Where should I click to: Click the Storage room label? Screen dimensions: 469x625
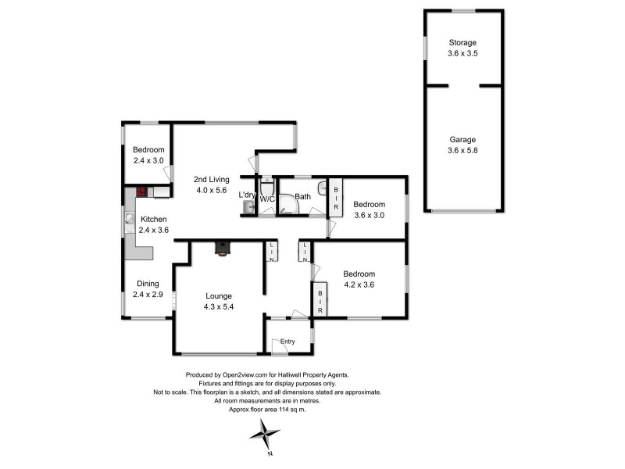[462, 42]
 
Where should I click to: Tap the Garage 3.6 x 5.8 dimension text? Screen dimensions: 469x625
[462, 151]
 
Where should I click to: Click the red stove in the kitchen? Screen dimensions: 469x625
[142, 190]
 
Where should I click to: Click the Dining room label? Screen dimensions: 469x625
[148, 284]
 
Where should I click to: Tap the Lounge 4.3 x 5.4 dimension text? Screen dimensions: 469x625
[220, 306]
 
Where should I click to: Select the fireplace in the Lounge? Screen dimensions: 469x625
[223, 249]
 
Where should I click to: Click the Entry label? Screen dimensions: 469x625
[287, 341]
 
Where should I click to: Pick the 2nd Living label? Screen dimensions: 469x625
[211, 179]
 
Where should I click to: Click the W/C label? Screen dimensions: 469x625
[267, 199]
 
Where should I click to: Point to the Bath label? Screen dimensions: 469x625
[302, 196]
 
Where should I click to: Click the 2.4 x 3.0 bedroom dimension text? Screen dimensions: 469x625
[148, 160]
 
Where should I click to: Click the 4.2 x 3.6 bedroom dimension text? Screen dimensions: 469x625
[359, 285]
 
